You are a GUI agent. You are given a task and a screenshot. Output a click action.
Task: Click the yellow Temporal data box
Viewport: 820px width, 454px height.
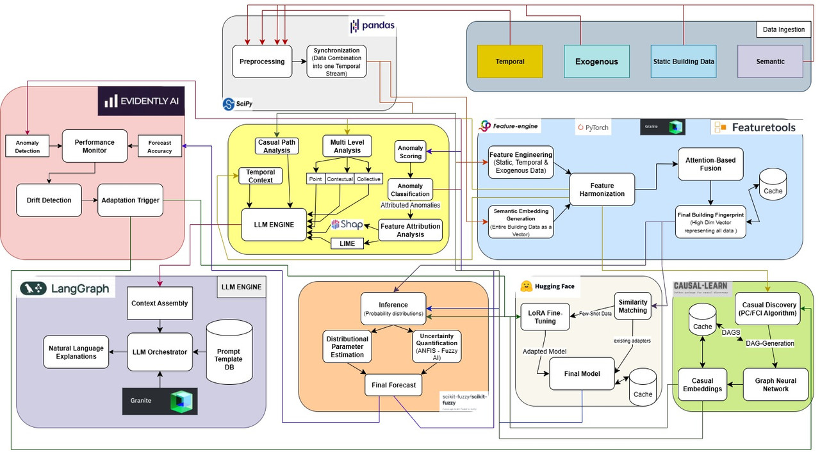pyautogui.click(x=510, y=61)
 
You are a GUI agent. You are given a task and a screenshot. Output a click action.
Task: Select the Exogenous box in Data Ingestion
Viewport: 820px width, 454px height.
pyautogui.click(x=596, y=61)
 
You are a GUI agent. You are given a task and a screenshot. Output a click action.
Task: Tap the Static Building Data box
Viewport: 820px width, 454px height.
pyautogui.click(x=684, y=61)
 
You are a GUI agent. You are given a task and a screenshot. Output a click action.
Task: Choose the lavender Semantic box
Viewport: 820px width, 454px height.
pyautogui.click(x=770, y=61)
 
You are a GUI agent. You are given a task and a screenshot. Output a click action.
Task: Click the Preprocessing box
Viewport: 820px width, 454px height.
pyautogui.click(x=262, y=61)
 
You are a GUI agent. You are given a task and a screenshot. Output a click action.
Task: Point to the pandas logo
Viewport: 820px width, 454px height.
pyautogui.click(x=372, y=26)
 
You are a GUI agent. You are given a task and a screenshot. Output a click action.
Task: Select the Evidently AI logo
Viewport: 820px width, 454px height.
pyautogui.click(x=141, y=101)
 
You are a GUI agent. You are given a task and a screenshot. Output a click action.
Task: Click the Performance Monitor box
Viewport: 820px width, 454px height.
pyautogui.click(x=95, y=146)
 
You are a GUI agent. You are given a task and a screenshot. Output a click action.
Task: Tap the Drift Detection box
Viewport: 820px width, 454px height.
pyautogui.click(x=49, y=200)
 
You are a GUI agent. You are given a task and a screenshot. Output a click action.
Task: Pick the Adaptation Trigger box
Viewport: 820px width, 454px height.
pyautogui.click(x=130, y=200)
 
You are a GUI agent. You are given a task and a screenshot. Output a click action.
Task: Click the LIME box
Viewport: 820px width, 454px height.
pyautogui.click(x=347, y=243)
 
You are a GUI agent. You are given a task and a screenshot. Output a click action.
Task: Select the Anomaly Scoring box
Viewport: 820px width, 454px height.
pyautogui.click(x=411, y=152)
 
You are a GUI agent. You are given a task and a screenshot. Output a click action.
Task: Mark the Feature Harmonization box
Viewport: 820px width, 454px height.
pyautogui.click(x=602, y=189)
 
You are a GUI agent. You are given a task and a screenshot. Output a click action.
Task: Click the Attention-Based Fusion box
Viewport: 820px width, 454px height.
pyautogui.click(x=710, y=164)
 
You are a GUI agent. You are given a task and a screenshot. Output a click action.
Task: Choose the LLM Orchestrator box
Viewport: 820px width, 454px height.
pyautogui.click(x=160, y=352)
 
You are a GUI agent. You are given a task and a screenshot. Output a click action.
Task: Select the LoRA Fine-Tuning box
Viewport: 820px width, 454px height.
pyautogui.click(x=545, y=317)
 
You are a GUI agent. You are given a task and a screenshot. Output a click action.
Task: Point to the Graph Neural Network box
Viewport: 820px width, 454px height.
pyautogui.click(x=775, y=384)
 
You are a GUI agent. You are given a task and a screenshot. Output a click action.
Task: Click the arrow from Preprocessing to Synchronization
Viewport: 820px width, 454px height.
pyautogui.click(x=299, y=61)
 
